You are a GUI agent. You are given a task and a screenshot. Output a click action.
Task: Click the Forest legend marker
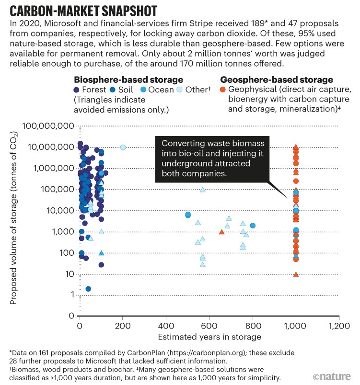pos(77,90)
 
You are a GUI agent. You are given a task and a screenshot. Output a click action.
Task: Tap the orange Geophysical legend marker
pos(223,90)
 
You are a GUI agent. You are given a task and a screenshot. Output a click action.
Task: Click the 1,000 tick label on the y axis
pos(61,232)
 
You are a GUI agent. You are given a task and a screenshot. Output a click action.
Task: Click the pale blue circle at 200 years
pos(123,147)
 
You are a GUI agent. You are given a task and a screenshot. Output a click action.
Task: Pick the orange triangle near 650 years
pos(221,232)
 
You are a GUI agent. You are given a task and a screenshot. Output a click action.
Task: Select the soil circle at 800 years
pos(253,226)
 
